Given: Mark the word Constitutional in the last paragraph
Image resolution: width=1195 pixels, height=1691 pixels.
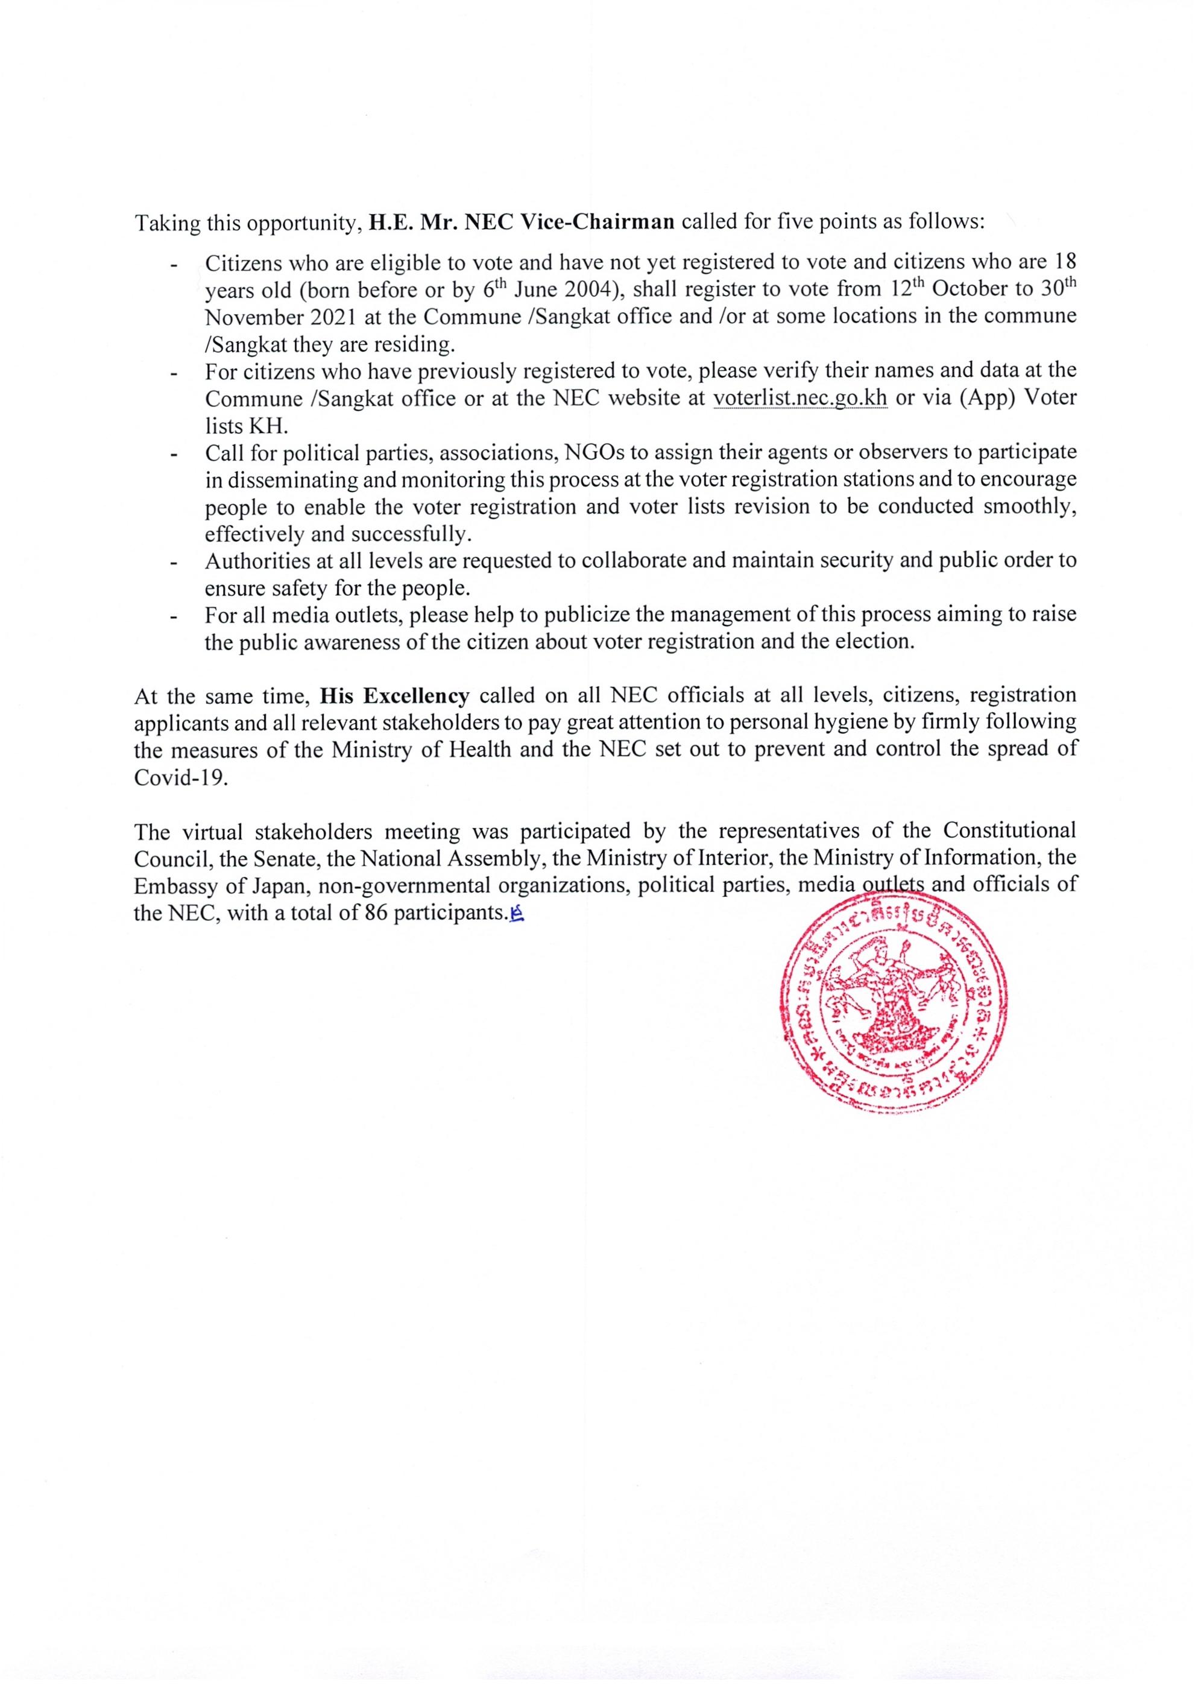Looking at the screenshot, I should (x=1009, y=832).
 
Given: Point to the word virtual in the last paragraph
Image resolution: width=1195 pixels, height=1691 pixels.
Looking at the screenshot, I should (x=213, y=832).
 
